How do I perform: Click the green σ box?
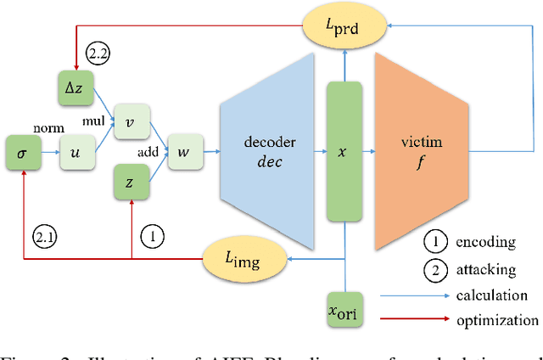23,153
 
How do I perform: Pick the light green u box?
76,153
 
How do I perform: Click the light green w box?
184,153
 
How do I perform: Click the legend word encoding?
486,242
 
